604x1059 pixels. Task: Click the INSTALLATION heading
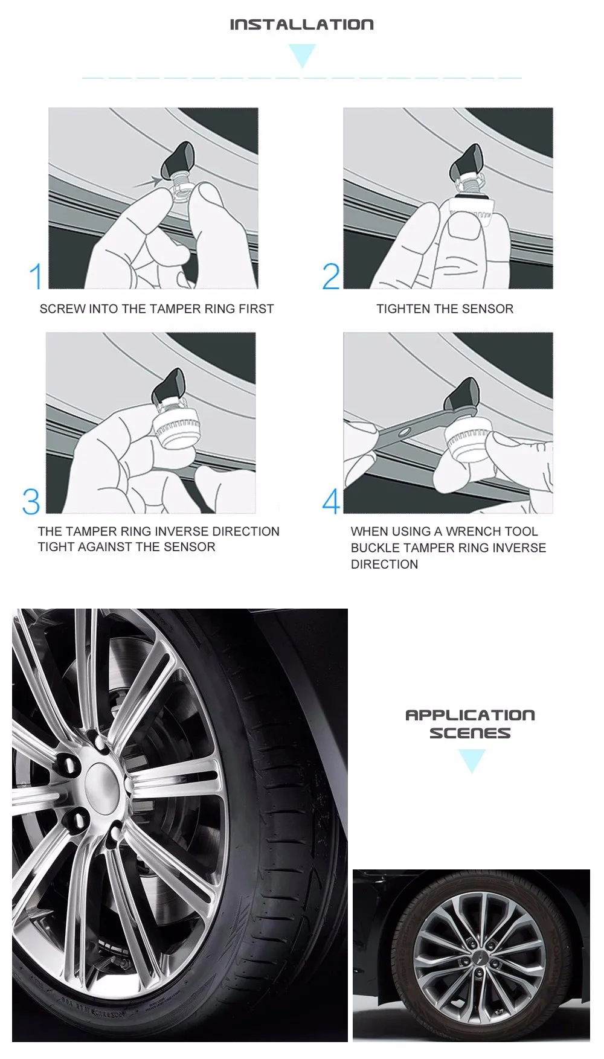pyautogui.click(x=301, y=25)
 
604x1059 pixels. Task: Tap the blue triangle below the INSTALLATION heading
pyautogui.click(x=302, y=54)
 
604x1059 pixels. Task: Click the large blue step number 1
pyautogui.click(x=36, y=276)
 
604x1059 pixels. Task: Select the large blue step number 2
pyautogui.click(x=331, y=276)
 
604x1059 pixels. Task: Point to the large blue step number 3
pyautogui.click(x=31, y=501)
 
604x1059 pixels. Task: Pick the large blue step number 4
pyautogui.click(x=331, y=501)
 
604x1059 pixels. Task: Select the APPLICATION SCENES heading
pyautogui.click(x=470, y=724)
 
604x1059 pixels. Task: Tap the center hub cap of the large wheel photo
pyautogui.click(x=105, y=784)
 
